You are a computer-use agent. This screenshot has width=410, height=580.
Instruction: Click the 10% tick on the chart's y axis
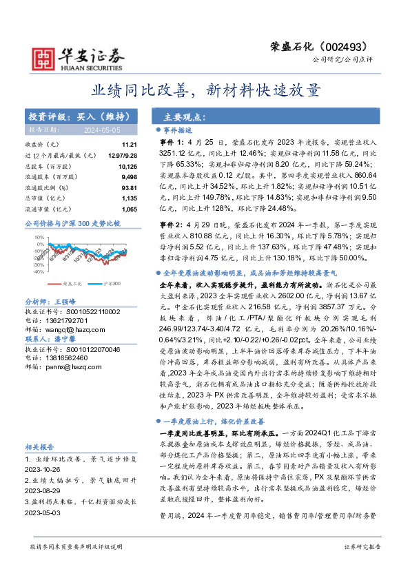(x=39, y=237)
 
